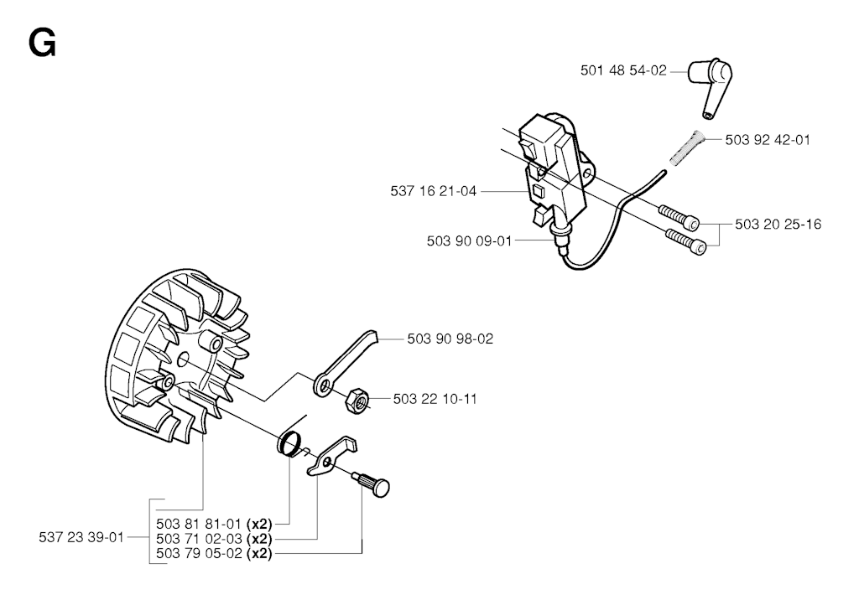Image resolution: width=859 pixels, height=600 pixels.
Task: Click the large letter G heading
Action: coord(42,43)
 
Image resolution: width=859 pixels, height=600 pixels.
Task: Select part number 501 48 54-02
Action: coord(622,71)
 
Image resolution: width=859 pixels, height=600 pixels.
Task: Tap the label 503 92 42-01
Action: coord(768,140)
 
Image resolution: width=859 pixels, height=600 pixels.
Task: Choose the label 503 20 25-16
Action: coord(778,224)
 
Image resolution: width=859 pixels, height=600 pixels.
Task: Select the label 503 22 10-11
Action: coord(435,399)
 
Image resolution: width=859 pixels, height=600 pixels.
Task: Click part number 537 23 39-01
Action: coord(81,537)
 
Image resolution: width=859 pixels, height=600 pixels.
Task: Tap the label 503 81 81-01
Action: coord(198,523)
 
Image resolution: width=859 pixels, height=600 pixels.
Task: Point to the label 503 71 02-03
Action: coord(198,538)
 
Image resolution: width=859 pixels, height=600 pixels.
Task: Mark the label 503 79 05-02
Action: coord(198,553)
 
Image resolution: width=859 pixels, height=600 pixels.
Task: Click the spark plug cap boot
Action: coord(709,83)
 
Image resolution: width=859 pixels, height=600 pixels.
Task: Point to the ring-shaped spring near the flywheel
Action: coord(290,443)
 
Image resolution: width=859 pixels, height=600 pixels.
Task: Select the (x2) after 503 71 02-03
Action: coord(259,538)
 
